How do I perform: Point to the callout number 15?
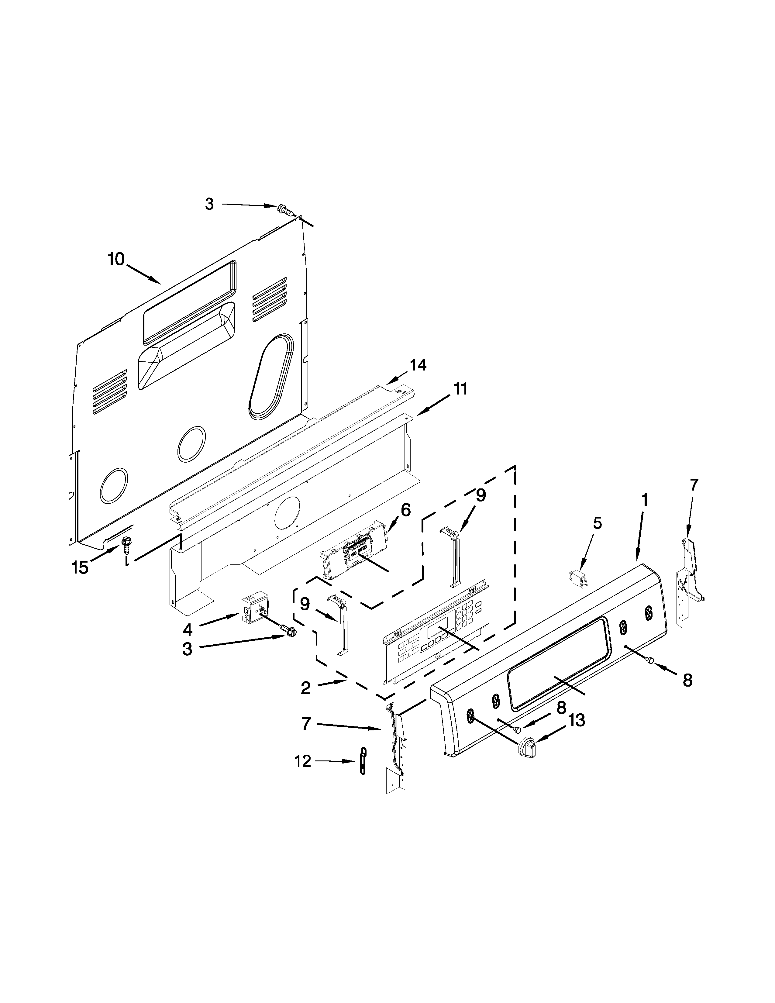click(x=80, y=568)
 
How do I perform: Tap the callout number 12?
click(x=303, y=761)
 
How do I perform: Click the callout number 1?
click(x=645, y=500)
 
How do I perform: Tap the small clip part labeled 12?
click(x=363, y=761)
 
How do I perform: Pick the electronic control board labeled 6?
click(x=353, y=550)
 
